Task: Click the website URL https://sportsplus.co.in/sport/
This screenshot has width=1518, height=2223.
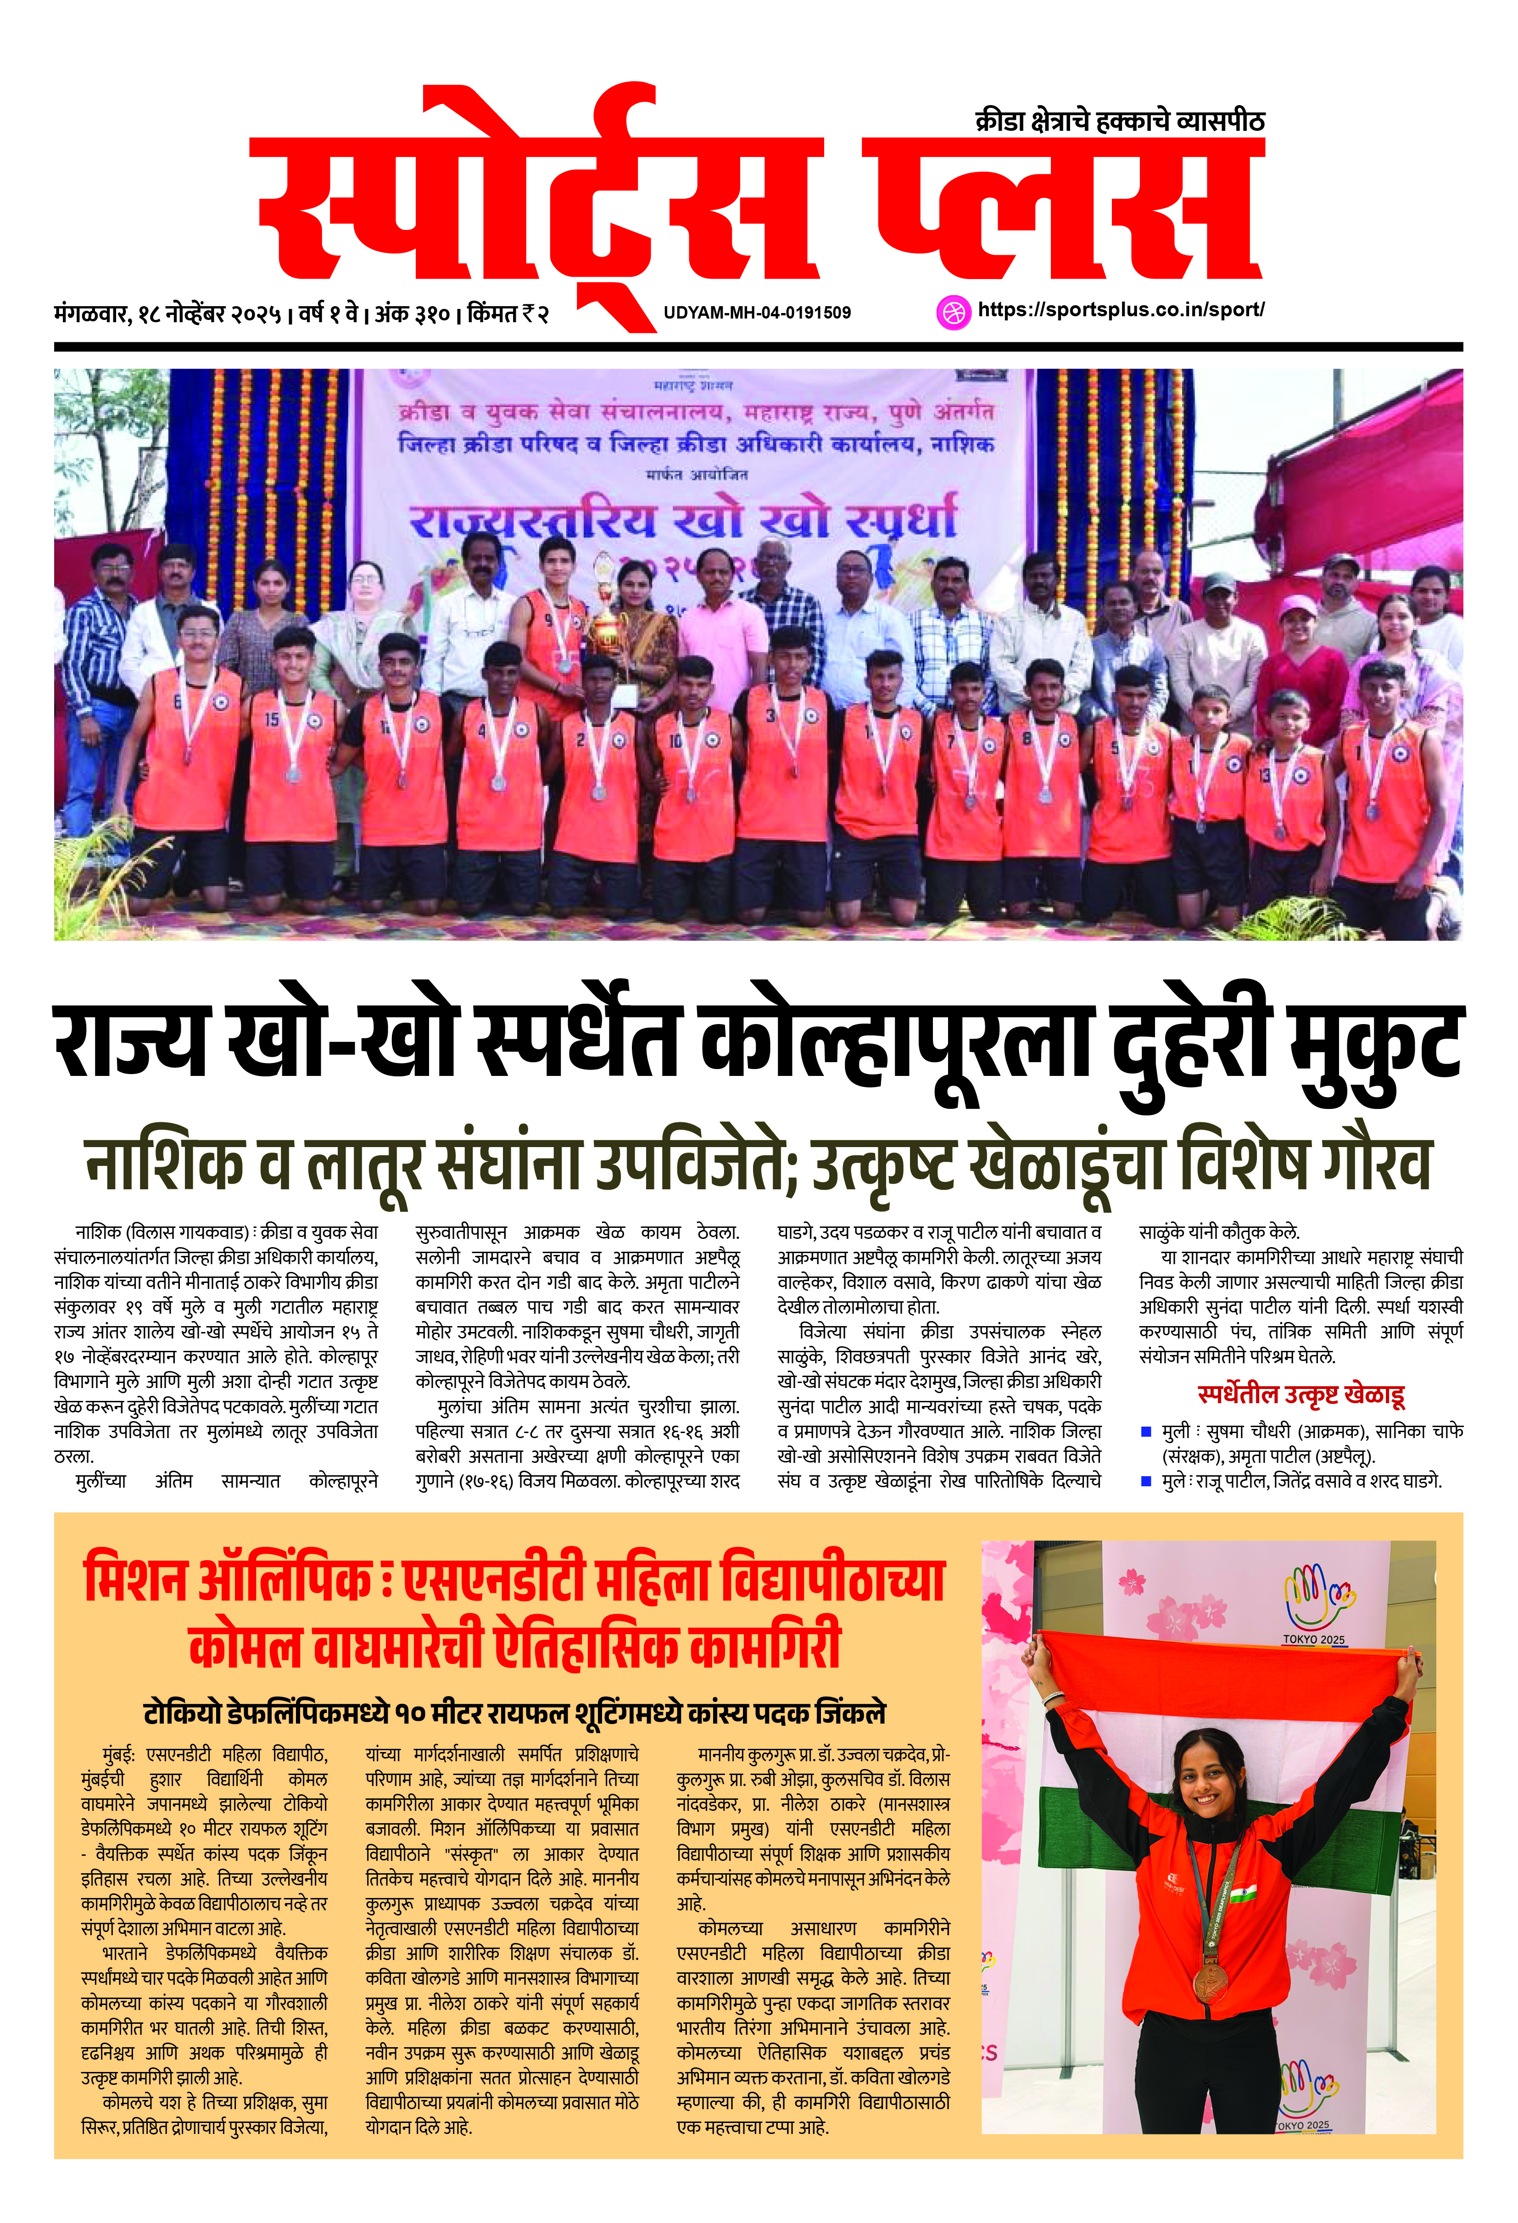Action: [1121, 310]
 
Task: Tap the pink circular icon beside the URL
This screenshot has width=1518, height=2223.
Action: [953, 312]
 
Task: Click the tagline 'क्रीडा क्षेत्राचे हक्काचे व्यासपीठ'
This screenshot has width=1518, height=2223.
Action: [1119, 122]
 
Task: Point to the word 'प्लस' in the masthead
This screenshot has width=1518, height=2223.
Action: [1062, 210]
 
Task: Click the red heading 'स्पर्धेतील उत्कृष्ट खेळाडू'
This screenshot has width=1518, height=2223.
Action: [1301, 1395]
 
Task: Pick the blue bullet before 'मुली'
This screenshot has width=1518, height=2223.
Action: [1146, 1432]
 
